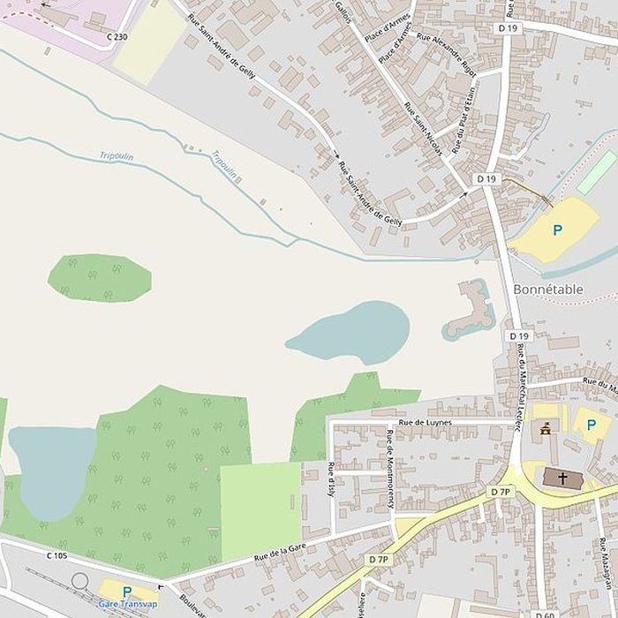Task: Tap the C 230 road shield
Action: pos(116,36)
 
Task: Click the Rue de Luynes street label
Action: pos(425,423)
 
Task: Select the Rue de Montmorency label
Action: pos(389,469)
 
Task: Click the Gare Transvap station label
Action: pos(128,604)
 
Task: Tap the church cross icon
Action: pos(562,479)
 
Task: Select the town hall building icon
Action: pos(545,430)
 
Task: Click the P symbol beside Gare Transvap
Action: pos(126,592)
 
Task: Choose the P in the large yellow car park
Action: pos(557,230)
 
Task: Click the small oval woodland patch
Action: pos(99,277)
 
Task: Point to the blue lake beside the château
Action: pos(350,333)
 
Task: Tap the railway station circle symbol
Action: pos(80,581)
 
